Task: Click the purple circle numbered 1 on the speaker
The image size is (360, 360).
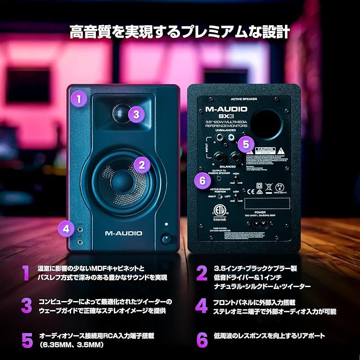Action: [x=80, y=98]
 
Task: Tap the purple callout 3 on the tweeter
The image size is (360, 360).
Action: [x=136, y=114]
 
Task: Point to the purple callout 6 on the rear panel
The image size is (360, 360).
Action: [x=202, y=180]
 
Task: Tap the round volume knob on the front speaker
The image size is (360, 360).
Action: [x=166, y=238]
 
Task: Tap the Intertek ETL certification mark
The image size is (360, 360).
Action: [x=220, y=214]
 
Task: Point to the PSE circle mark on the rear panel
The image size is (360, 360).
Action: [x=279, y=185]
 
